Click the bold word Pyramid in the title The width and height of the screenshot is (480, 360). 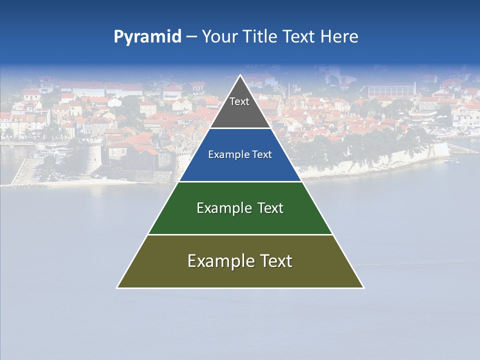[x=147, y=37]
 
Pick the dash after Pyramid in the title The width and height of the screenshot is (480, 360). [x=191, y=37]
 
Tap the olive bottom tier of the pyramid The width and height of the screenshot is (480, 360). [x=240, y=275]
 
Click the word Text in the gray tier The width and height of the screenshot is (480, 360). [x=239, y=101]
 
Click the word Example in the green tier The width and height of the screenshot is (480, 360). [x=220, y=208]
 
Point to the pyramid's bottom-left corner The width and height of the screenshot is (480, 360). [x=117, y=287]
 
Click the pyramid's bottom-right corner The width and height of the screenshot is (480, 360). [x=363, y=287]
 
